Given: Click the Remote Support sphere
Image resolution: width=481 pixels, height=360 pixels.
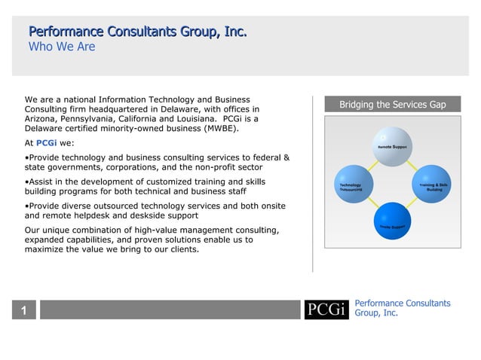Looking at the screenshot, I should click(392, 146).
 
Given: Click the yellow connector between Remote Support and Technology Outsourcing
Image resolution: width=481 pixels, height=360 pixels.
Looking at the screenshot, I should click(369, 163).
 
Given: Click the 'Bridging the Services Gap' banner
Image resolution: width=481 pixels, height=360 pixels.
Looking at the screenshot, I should click(392, 105).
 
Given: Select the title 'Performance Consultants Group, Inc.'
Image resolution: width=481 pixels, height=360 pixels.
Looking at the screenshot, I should click(138, 32).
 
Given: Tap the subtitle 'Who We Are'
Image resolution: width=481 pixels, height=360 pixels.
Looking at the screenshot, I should click(62, 47).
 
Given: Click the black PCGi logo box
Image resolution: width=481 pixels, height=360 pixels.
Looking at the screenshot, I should click(326, 310).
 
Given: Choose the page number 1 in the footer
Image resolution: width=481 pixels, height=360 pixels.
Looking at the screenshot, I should click(24, 310).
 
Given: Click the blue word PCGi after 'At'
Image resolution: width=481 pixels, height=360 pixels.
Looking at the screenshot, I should click(47, 142).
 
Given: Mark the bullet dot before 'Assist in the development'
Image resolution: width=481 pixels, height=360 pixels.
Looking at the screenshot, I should click(27, 182).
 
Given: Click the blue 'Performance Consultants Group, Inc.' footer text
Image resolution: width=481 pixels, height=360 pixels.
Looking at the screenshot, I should click(402, 308).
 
